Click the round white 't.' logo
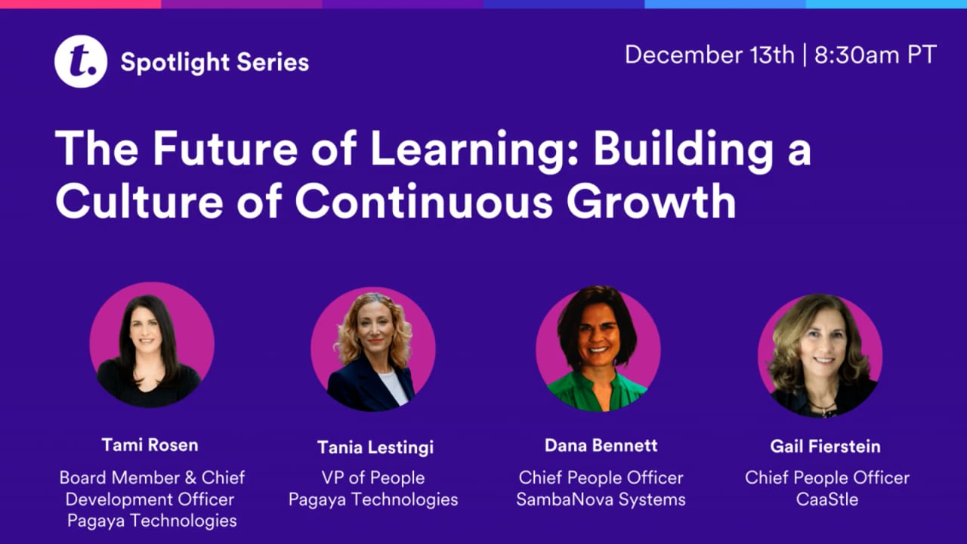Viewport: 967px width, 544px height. [x=80, y=62]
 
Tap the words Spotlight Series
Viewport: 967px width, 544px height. [x=215, y=62]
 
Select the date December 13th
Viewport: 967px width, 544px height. [x=709, y=55]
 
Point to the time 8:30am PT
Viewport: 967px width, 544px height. [x=876, y=55]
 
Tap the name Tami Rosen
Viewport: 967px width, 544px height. [x=150, y=444]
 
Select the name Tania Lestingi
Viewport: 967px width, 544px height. [x=375, y=447]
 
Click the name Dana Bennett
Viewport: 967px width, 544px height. [x=601, y=445]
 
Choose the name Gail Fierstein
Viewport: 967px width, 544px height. [x=825, y=446]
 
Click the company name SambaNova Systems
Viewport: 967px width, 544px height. [x=601, y=499]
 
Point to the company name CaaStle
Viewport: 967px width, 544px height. [x=826, y=499]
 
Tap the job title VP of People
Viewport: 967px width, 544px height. [x=374, y=478]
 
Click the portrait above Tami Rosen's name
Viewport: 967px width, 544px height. [x=151, y=345]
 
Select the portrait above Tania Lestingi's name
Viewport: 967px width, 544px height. [x=373, y=348]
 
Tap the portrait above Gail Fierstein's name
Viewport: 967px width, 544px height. [x=820, y=354]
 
